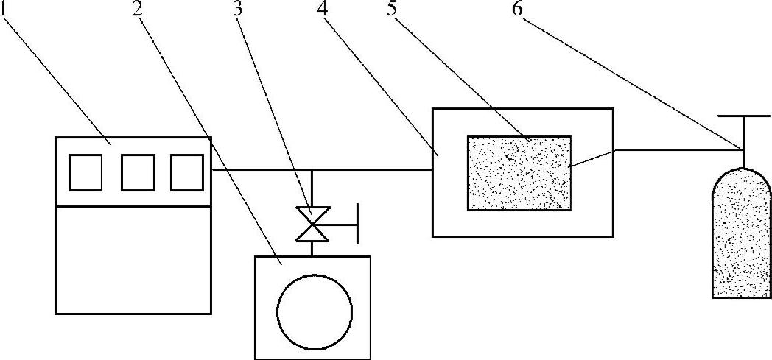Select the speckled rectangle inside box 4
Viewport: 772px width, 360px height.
point(519,173)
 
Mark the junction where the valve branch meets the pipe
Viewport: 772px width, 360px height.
point(312,170)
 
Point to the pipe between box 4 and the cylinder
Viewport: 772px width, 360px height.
point(678,150)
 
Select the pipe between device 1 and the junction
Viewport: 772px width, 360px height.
point(261,170)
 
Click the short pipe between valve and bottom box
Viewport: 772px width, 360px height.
point(312,248)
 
